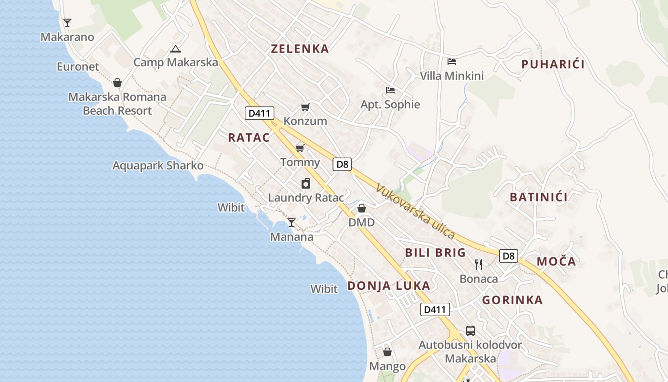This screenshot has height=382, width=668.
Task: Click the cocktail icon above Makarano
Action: click(x=67, y=22)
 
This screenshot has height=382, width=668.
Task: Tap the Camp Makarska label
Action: click(x=175, y=62)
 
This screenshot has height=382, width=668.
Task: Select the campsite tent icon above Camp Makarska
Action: click(x=176, y=49)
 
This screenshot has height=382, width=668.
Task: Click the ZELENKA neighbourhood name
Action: click(x=300, y=49)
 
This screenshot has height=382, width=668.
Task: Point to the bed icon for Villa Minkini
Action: click(x=452, y=62)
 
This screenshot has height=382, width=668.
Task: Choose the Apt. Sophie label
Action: click(x=390, y=105)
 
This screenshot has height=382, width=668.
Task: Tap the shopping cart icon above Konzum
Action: click(x=305, y=107)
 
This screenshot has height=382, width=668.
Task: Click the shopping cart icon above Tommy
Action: click(x=300, y=148)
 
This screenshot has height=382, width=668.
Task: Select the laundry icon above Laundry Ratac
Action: click(x=306, y=183)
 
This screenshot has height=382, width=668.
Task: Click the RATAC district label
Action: click(x=249, y=138)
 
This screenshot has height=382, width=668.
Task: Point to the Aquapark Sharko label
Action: click(x=158, y=166)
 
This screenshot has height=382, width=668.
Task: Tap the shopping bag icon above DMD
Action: click(x=362, y=208)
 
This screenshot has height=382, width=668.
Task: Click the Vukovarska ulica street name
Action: click(x=415, y=211)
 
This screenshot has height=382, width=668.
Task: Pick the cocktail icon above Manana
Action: click(x=292, y=223)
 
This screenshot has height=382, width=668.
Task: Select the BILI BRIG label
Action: click(x=435, y=253)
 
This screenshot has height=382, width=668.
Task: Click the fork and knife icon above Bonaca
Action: click(x=479, y=264)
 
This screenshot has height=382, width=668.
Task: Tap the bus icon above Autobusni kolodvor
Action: click(x=470, y=330)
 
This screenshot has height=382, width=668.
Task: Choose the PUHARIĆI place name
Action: click(x=553, y=64)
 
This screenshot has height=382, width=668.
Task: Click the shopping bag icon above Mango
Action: click(x=387, y=352)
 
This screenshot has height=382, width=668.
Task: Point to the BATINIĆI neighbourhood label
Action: click(x=539, y=197)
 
